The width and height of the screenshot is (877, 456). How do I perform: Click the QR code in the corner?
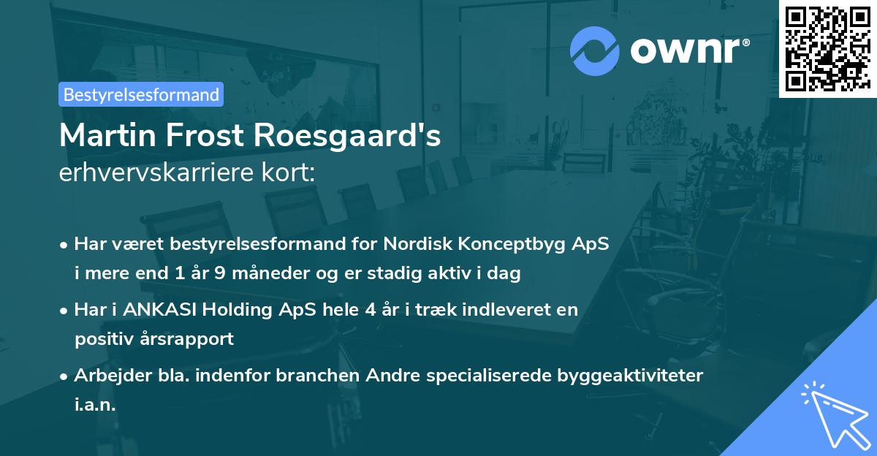[827, 48]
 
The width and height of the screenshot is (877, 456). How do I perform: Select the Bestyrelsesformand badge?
[141, 94]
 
